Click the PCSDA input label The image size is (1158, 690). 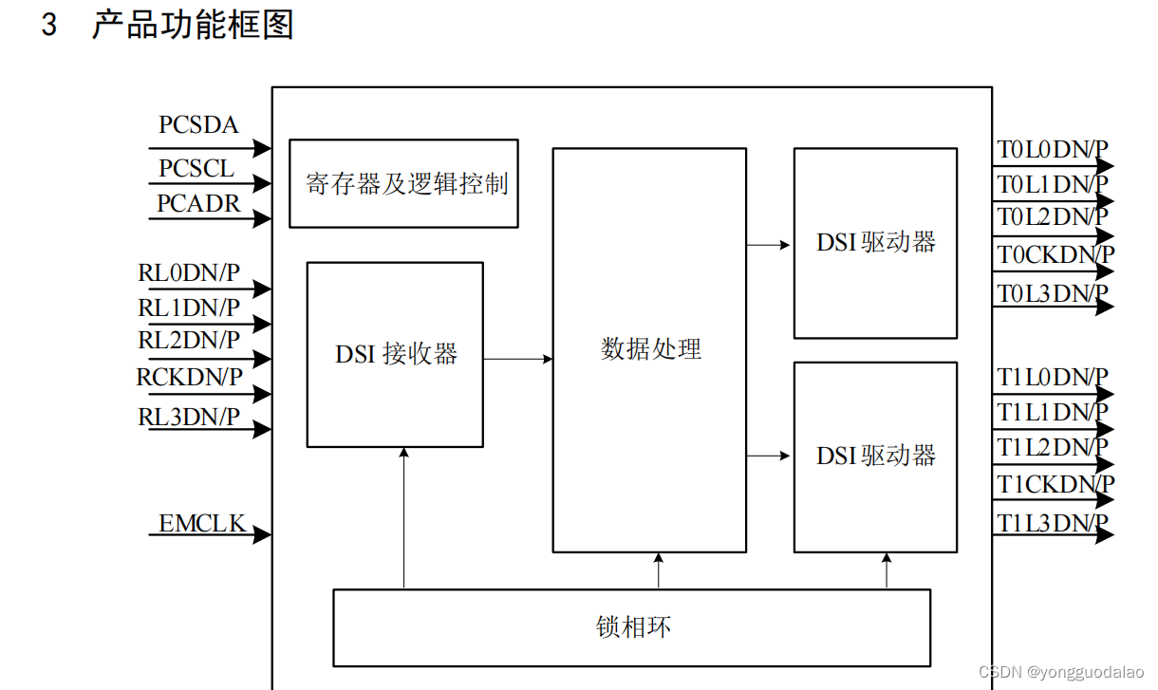198,125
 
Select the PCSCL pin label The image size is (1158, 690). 196,169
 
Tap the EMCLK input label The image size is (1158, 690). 202,523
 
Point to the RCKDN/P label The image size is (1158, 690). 190,378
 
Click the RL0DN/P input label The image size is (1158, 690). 189,273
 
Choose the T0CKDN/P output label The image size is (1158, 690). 1055,254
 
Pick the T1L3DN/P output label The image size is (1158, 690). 1052,522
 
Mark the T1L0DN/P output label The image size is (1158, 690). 1052,378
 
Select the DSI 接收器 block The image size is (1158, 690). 395,354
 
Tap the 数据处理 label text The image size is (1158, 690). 650,349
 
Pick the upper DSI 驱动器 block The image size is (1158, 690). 875,243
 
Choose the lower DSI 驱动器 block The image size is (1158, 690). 875,457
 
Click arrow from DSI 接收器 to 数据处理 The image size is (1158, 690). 518,359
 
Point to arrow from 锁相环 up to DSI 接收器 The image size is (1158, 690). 403,517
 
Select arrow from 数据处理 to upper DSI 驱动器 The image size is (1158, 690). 769,245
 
